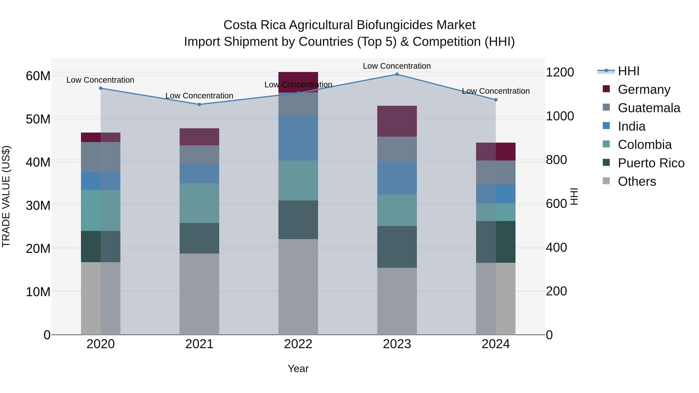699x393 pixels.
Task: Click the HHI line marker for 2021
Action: [x=199, y=104]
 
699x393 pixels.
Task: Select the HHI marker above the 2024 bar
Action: [x=496, y=100]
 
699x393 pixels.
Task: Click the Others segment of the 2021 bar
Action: [x=199, y=294]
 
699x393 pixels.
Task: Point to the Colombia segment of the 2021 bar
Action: [x=199, y=203]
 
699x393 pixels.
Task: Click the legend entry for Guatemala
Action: [x=649, y=108]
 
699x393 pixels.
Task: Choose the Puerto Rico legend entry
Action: [x=651, y=163]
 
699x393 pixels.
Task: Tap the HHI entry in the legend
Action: [x=629, y=71]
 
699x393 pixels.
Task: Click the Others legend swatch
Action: [x=606, y=181]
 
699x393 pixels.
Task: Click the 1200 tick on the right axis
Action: [x=560, y=72]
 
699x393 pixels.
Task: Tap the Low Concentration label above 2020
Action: [x=100, y=80]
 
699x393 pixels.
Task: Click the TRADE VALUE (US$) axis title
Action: [x=6, y=196]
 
